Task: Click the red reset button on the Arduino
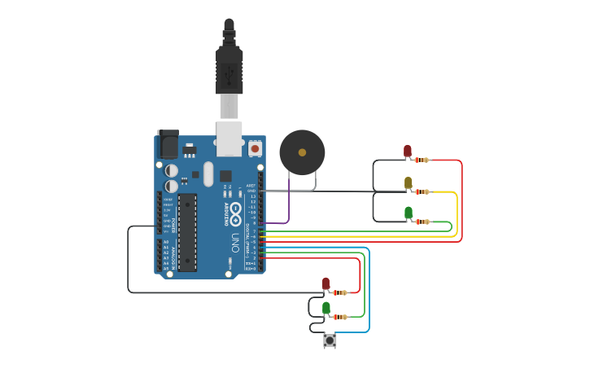255,149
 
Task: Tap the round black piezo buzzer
302,152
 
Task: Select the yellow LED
408,183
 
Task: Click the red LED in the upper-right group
408,151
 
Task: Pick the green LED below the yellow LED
408,213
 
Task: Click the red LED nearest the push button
326,283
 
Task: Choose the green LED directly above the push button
326,308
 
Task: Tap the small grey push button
330,340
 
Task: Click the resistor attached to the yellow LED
422,191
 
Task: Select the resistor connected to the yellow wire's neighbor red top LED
422,160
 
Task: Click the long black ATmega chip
187,232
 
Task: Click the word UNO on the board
235,242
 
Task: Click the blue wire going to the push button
368,293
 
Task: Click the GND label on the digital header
251,191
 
